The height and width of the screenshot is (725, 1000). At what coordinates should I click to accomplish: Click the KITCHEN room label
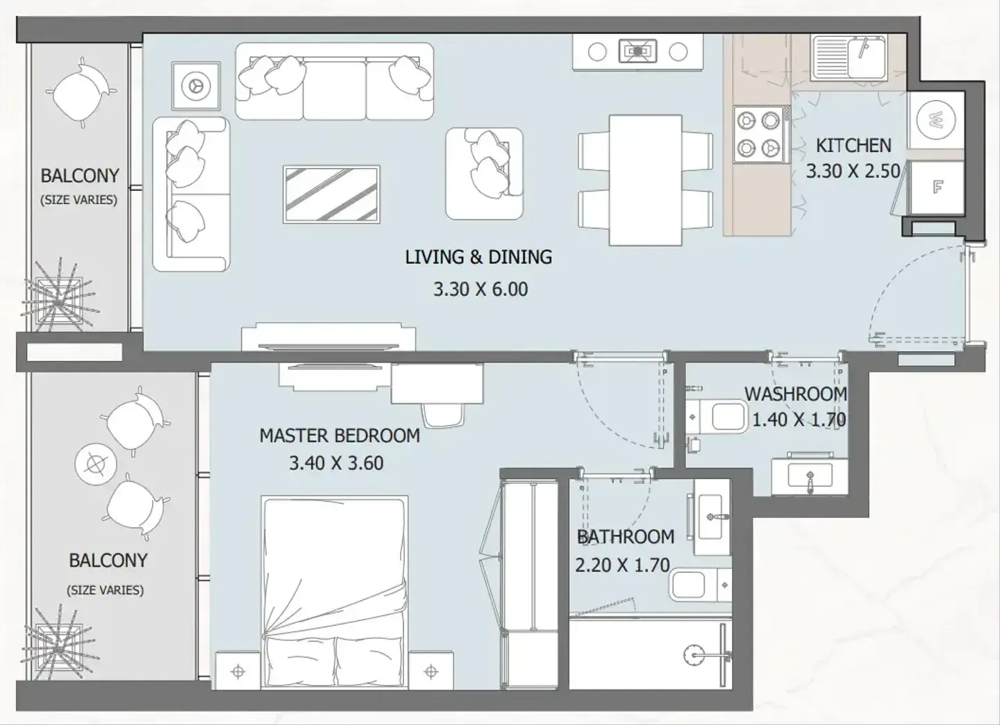click(853, 146)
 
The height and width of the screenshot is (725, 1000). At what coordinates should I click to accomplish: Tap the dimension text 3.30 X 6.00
click(481, 290)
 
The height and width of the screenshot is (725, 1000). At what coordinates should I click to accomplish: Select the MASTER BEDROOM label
click(340, 435)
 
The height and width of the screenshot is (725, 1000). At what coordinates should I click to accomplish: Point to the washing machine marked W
click(935, 120)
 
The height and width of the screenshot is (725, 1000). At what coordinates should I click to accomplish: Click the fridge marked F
click(937, 187)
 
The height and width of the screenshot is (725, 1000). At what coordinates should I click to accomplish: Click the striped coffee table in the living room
click(331, 194)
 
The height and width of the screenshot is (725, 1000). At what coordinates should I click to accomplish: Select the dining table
click(646, 180)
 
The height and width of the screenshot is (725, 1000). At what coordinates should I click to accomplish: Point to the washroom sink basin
click(810, 476)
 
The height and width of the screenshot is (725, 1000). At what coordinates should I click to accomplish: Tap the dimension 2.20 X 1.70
click(622, 565)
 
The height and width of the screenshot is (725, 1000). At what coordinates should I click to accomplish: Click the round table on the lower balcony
click(96, 465)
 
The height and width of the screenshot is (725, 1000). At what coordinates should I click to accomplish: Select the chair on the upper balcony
click(81, 92)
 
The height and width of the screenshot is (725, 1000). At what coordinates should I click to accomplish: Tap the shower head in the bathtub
click(693, 656)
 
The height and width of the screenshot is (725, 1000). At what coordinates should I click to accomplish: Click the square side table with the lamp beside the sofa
click(196, 85)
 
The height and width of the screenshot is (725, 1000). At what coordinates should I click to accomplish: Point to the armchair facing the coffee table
click(485, 174)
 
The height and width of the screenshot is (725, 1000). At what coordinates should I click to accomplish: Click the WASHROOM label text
click(796, 394)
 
